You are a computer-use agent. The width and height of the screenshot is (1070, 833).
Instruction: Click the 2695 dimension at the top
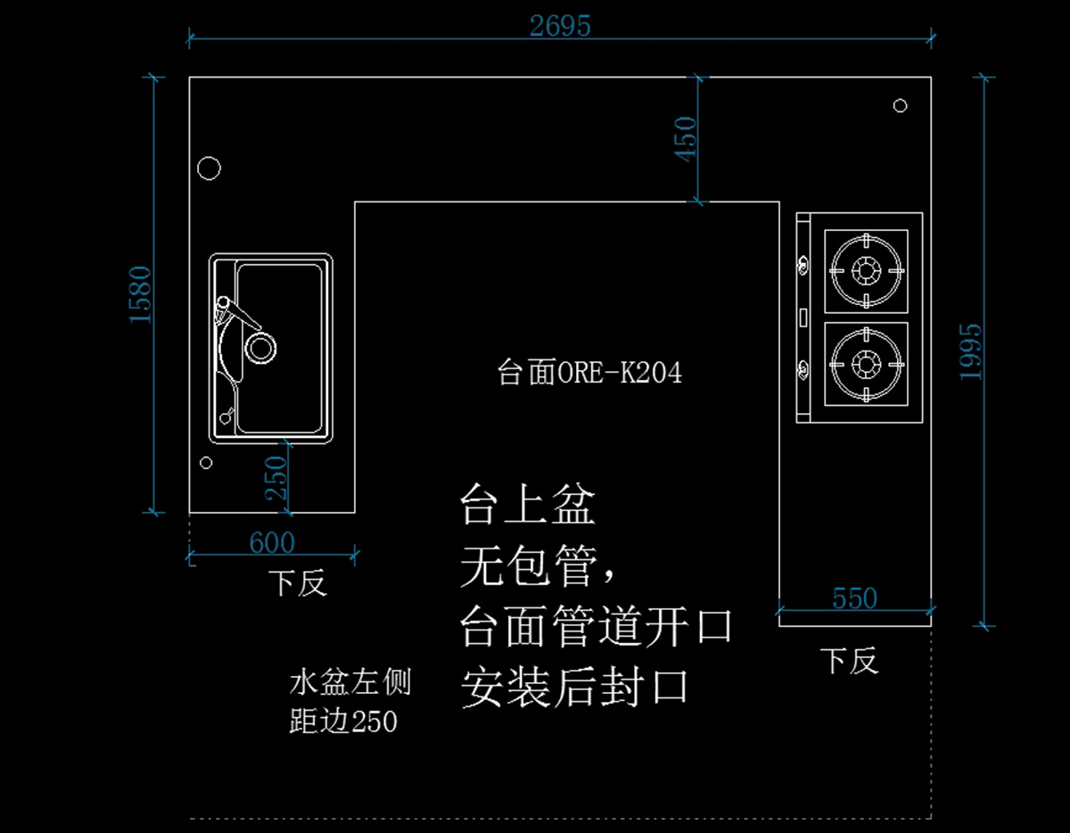560,26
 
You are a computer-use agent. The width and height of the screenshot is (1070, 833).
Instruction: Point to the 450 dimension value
687,139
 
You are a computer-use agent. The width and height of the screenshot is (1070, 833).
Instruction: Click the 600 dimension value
272,542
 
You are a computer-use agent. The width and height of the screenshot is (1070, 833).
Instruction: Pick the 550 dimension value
854,598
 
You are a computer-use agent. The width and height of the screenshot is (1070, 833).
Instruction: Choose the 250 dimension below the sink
277,477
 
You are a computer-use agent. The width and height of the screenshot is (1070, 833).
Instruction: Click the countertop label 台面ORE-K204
589,373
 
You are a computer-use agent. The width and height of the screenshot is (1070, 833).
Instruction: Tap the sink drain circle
260,347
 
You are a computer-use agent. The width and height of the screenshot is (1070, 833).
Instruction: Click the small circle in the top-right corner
900,106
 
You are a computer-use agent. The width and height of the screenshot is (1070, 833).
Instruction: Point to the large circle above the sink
209,168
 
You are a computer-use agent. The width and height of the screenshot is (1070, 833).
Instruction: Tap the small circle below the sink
206,462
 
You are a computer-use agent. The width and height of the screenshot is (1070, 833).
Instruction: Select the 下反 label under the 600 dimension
299,584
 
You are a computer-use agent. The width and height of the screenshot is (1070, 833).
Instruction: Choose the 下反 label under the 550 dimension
849,661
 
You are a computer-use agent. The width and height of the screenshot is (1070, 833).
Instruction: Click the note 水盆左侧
350,684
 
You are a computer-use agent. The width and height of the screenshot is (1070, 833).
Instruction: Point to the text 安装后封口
575,688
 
